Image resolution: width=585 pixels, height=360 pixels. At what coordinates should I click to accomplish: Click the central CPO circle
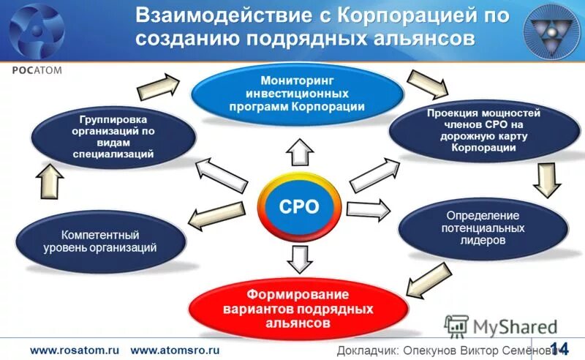pos(299,206)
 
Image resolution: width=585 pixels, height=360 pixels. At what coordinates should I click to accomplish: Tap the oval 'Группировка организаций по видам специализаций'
pos(113,136)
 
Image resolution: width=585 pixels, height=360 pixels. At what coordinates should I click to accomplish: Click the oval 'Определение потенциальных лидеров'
pos(483,228)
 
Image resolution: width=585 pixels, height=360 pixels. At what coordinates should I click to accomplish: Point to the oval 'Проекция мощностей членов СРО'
pos(483,131)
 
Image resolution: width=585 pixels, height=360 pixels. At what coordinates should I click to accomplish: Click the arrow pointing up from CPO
pos(298,152)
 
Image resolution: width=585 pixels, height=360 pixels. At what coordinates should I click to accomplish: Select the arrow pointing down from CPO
pos(298,258)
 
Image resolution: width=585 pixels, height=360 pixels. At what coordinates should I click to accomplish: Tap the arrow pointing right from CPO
pos(368,209)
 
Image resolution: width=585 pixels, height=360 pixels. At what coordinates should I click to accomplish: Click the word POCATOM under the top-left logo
pos(37,70)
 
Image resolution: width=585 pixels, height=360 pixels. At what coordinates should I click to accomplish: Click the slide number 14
pos(559,348)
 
